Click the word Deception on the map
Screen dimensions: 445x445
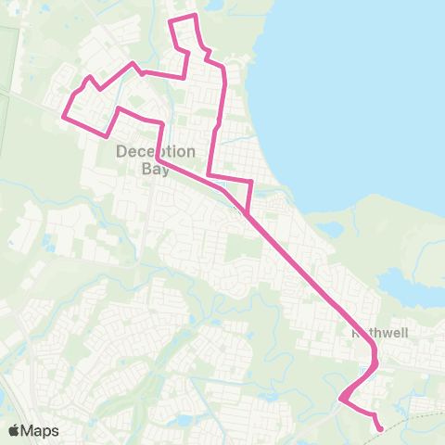(x=156, y=153)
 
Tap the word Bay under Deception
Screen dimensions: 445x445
(x=156, y=169)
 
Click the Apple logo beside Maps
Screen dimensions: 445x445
(x=15, y=430)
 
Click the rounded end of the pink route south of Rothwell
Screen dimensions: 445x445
(x=380, y=427)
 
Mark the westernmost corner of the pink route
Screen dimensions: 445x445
(x=63, y=117)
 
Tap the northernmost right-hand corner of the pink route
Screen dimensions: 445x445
(x=195, y=16)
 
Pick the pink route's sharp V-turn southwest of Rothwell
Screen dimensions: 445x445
(x=340, y=400)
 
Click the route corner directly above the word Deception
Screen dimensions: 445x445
(x=163, y=123)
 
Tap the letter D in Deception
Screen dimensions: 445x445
(x=121, y=153)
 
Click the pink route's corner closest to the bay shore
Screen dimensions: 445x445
(x=250, y=180)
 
